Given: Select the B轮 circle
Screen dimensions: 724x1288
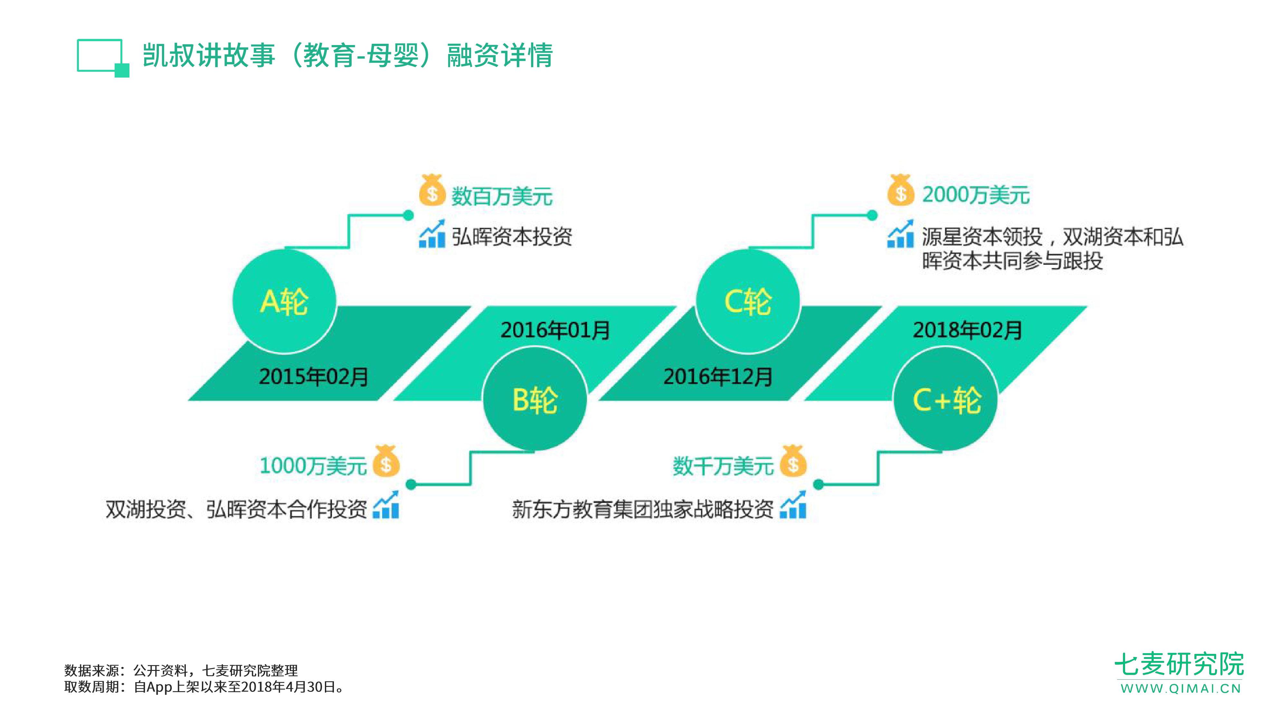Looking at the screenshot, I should click(535, 399).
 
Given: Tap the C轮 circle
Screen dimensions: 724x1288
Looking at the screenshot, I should click(747, 301).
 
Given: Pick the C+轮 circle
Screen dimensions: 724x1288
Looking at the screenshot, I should click(945, 399).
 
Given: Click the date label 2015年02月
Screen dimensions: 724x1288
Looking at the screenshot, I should click(314, 376).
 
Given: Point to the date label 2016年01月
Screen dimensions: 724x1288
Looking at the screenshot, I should click(555, 330).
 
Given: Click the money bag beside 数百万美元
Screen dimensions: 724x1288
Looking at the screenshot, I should click(432, 190).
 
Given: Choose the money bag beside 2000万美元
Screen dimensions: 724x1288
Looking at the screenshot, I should click(901, 190).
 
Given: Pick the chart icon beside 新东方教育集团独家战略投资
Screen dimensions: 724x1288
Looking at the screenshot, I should click(793, 505).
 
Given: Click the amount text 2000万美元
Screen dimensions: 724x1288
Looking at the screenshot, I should click(976, 195).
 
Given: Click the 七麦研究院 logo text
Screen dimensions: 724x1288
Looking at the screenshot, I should click(1179, 664).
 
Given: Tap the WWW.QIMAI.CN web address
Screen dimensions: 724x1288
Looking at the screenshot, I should click(1180, 689).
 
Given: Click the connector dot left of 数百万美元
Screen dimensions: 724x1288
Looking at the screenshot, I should click(409, 215).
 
